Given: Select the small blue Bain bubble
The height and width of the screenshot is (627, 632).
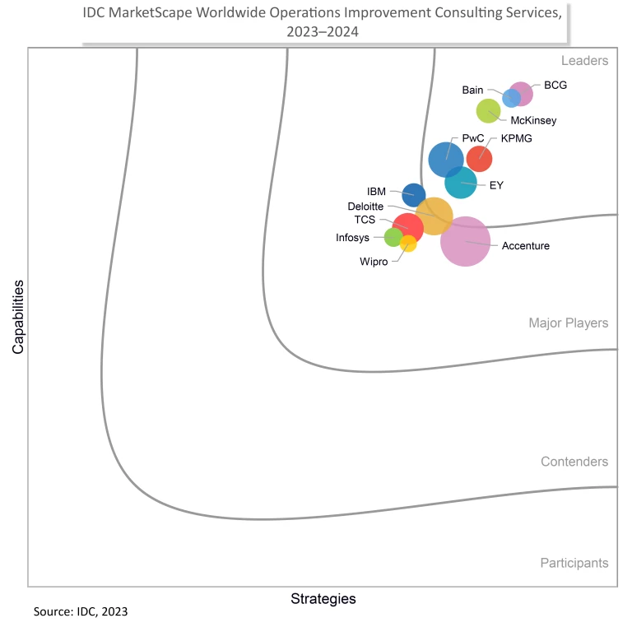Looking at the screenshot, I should tap(510, 99).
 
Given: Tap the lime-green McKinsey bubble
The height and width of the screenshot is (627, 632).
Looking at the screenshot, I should tap(488, 110).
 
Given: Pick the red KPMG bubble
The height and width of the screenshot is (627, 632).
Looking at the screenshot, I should tap(480, 158).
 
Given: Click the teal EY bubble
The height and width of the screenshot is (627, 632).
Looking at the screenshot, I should tap(461, 183).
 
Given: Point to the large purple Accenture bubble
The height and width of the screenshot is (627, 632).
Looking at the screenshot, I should tap(466, 241).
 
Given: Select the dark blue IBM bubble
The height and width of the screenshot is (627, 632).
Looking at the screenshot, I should tap(414, 195).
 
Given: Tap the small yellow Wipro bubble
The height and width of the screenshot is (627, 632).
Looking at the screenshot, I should tap(408, 244).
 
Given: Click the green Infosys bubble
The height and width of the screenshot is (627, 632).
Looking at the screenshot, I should tap(393, 238).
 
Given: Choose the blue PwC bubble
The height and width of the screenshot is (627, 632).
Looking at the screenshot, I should tap(446, 159).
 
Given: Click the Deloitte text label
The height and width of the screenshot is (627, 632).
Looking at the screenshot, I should tap(365, 206).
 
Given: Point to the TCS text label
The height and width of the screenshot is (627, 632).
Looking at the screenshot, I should tap(365, 220).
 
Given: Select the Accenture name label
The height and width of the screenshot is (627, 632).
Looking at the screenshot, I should tap(526, 246).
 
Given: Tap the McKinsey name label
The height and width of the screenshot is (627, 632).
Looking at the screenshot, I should tap(533, 121).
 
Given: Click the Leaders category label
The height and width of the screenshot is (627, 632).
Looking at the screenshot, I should tap(584, 61).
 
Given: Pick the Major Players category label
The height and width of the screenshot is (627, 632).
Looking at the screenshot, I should tap(568, 323).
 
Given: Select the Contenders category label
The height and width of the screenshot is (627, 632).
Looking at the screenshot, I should tap(574, 462).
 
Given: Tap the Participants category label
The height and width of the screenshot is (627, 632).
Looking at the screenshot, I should tap(574, 563).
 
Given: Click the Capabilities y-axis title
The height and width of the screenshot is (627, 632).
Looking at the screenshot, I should tap(17, 317).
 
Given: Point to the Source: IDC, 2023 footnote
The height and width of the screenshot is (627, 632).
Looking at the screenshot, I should tap(81, 612).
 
